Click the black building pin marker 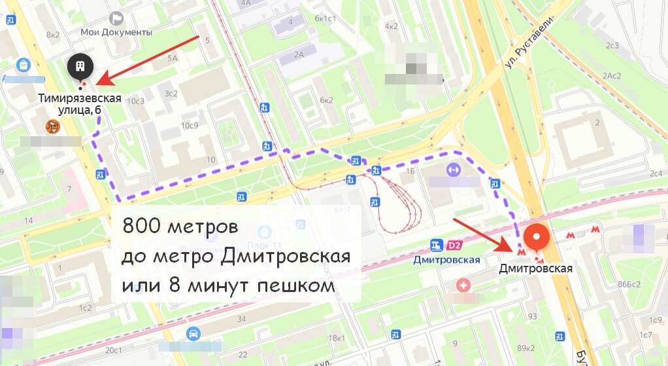pyautogui.click(x=80, y=67)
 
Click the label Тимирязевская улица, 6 pyautogui.click(x=79, y=104)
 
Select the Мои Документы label pyautogui.click(x=116, y=31)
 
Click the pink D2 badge pyautogui.click(x=454, y=246)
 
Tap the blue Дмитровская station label pyautogui.click(x=447, y=259)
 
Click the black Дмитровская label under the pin pyautogui.click(x=535, y=268)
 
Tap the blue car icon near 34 pyautogui.click(x=193, y=334)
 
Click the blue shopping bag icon pyautogui.click(x=24, y=65)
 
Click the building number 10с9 pyautogui.click(x=190, y=125)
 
